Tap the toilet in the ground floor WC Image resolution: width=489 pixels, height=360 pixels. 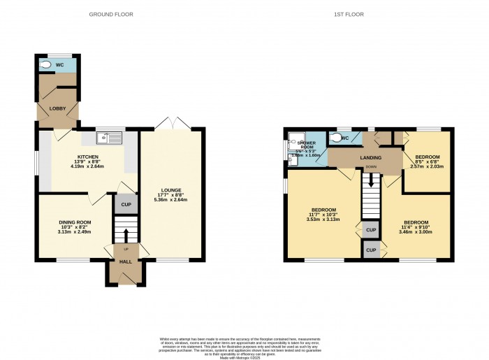pos(47,65)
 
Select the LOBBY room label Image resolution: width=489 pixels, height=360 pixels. pos(57,108)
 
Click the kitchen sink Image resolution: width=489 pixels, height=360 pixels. pos(110,137)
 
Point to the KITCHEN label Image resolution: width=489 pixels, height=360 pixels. pos(88,157)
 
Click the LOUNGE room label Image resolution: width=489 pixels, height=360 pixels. pos(172,190)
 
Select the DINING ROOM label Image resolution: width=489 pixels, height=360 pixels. pos(75,222)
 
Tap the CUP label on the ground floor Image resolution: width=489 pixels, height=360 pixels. pos(126,205)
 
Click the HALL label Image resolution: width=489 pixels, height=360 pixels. pos(126,261)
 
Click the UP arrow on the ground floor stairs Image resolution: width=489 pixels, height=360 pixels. pos(126,231)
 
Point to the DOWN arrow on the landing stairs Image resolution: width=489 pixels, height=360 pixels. pos(371,178)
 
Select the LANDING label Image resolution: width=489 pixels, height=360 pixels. pos(371,158)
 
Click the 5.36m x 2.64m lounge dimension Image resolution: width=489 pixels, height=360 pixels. pos(172,201)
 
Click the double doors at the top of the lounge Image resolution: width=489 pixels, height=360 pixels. pos(172,124)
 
